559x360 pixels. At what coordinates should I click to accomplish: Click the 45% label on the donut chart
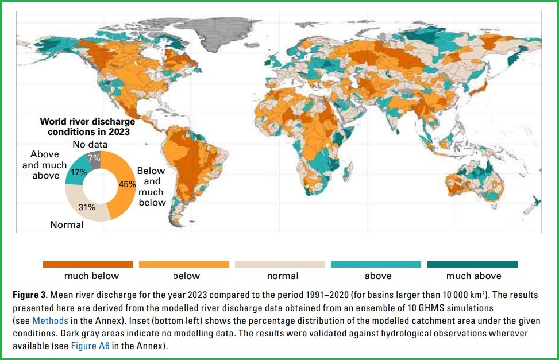click(128, 184)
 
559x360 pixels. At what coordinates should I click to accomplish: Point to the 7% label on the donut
click(92, 157)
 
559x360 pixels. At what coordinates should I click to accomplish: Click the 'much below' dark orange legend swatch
click(88, 264)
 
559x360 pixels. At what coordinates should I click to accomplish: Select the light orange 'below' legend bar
click(184, 264)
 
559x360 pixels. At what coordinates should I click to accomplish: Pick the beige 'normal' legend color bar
click(280, 264)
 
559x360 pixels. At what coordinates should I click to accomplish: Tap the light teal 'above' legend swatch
click(376, 264)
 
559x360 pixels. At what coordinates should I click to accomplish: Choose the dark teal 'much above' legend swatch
click(472, 264)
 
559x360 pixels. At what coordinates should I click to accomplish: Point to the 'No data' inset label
click(90, 145)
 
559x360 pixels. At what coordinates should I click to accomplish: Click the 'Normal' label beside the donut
click(67, 224)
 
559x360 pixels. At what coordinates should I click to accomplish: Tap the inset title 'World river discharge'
click(87, 122)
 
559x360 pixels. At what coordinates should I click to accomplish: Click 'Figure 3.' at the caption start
click(30, 295)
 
